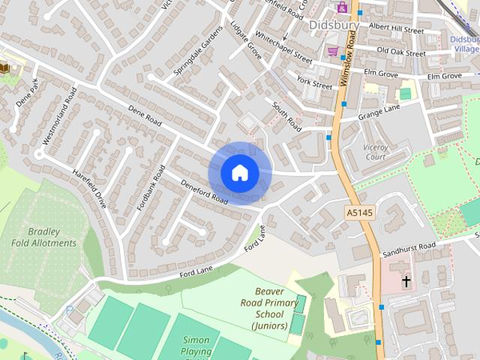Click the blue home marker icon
(x=239, y=172)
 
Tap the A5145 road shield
(x=358, y=214)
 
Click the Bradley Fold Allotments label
(x=43, y=237)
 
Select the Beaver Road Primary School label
(x=270, y=308)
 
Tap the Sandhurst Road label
(x=409, y=247)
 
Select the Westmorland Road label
(x=61, y=115)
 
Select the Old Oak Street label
(x=400, y=51)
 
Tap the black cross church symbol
(x=406, y=282)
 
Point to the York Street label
(x=313, y=82)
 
